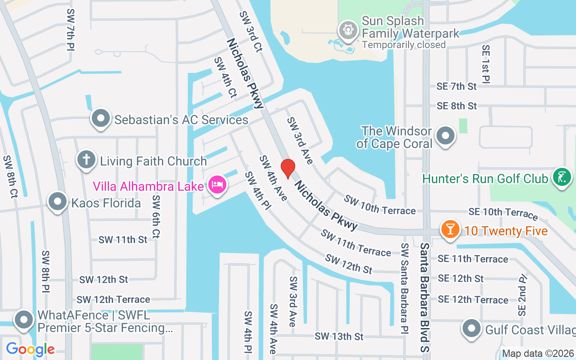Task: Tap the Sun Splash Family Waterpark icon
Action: coord(348,30)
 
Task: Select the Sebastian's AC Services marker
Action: coord(101,119)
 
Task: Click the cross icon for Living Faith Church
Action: coord(85,160)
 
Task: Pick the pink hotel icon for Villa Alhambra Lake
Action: coord(217,184)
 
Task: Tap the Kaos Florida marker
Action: coord(58,202)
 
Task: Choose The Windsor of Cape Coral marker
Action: coord(446,135)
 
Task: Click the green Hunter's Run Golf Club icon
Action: coord(561,177)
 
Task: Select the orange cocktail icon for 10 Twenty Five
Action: coord(450,229)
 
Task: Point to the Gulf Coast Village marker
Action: coord(471,328)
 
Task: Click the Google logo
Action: coord(30,349)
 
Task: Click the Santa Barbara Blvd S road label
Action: coord(425,297)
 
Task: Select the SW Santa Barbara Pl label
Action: coord(405,288)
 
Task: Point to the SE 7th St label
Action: coord(456,86)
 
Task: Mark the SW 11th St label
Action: coord(123,239)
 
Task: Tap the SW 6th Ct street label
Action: coord(156,216)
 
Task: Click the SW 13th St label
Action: coord(339,336)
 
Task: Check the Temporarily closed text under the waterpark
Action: coord(404,45)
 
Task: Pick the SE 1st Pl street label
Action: coord(486,64)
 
